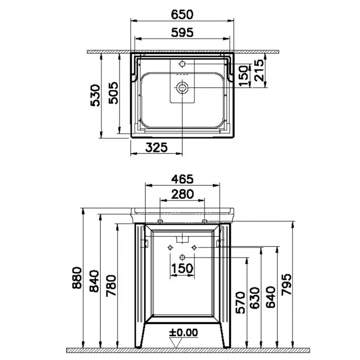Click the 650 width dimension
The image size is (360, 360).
click(x=182, y=14)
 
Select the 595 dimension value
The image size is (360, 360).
click(x=182, y=32)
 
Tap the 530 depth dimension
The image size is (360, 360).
click(x=95, y=95)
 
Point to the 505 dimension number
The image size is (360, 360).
click(x=113, y=93)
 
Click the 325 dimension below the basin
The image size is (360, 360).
click(x=156, y=147)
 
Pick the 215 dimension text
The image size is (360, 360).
click(x=260, y=70)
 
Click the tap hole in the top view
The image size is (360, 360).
click(x=182, y=64)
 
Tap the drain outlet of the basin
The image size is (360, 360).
click(x=182, y=87)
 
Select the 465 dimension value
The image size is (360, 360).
click(x=182, y=179)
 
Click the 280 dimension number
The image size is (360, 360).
click(x=182, y=194)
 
